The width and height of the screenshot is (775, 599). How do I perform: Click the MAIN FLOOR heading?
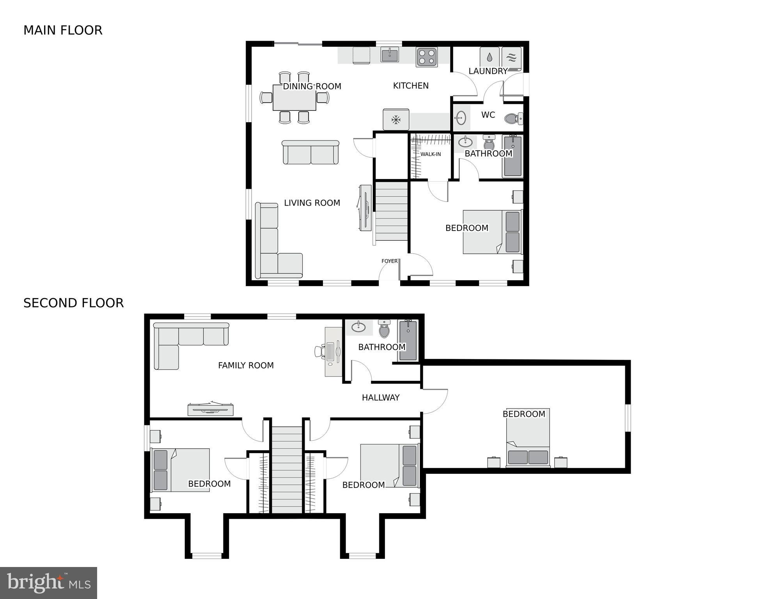[x=63, y=30]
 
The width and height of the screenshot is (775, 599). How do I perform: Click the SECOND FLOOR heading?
[x=73, y=303]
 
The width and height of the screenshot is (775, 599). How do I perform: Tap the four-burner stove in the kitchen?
[x=427, y=57]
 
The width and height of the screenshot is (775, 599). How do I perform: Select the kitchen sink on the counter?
[x=390, y=55]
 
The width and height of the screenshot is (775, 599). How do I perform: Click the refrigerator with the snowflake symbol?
[x=396, y=119]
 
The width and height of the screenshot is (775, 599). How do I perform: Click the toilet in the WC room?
[x=513, y=118]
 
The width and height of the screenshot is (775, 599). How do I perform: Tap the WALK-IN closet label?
[x=431, y=155]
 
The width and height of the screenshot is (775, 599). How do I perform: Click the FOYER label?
[x=390, y=261]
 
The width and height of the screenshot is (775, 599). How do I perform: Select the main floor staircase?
[x=392, y=211]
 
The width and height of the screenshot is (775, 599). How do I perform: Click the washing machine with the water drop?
[x=489, y=58]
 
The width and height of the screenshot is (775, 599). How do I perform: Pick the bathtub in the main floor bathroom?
[x=513, y=156]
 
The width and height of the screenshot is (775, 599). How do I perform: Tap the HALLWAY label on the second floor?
[x=381, y=398]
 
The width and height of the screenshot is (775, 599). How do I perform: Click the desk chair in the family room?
[x=320, y=351]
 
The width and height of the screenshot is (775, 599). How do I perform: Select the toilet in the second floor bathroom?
[x=384, y=330]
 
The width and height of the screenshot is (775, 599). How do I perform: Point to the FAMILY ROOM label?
[x=246, y=366]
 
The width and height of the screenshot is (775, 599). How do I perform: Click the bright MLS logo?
[x=48, y=583]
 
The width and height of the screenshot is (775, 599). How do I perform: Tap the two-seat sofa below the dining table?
[x=310, y=153]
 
